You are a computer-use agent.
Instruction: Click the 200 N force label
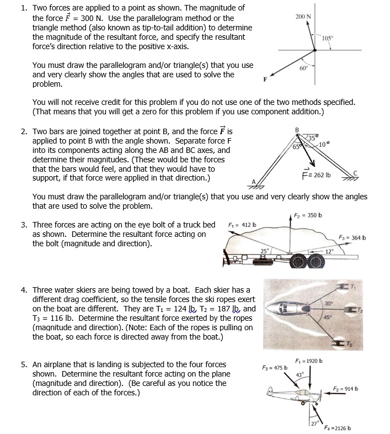click(x=303, y=17)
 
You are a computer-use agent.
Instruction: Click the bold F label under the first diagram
click(x=265, y=79)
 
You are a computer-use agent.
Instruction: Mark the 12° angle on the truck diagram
click(x=330, y=252)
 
